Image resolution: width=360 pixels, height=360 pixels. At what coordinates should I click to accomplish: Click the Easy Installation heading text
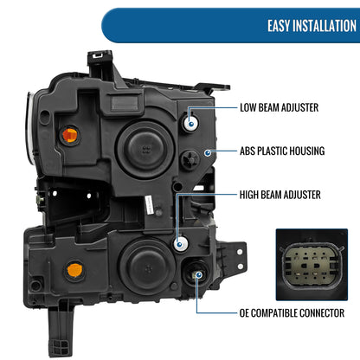[312, 26]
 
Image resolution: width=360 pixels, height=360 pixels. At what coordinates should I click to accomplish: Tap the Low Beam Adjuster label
[280, 107]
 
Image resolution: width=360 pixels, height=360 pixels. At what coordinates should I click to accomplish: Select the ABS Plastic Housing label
[282, 151]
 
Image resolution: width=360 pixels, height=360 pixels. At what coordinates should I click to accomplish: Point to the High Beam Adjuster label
[280, 195]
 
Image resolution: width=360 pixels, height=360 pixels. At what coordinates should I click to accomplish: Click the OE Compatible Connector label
[292, 313]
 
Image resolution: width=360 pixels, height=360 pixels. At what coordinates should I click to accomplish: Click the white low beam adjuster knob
[190, 122]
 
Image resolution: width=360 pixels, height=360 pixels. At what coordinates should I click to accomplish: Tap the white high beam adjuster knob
[181, 244]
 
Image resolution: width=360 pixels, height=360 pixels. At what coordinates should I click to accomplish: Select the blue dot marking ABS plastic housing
[208, 152]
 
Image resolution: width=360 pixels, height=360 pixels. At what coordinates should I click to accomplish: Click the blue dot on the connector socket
[198, 274]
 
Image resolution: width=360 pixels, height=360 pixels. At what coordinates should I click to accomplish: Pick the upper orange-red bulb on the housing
[70, 135]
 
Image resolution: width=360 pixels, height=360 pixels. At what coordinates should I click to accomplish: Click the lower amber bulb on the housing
[74, 270]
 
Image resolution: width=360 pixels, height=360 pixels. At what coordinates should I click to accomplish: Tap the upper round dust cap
[145, 149]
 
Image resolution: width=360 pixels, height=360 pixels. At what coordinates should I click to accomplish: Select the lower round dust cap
[148, 267]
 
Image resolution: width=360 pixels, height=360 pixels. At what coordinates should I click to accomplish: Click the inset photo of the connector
[312, 265]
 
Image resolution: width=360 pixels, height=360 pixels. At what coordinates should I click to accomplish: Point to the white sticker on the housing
[148, 205]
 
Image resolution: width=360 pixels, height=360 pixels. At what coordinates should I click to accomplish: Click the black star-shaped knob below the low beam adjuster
[190, 159]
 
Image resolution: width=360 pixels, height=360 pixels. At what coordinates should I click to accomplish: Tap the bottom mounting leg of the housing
[60, 329]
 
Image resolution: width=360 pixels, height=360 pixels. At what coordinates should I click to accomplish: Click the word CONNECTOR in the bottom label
[322, 313]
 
